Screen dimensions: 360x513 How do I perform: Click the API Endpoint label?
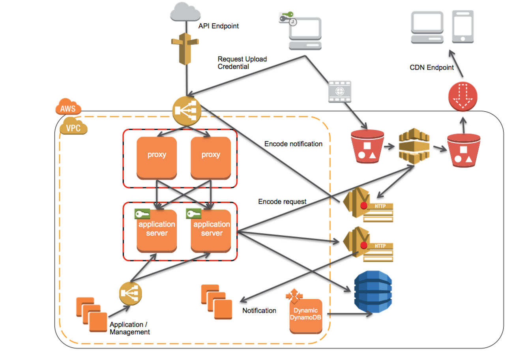(x=218, y=26)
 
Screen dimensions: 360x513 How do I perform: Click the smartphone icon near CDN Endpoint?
(x=462, y=26)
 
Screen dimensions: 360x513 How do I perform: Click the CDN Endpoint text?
(x=432, y=67)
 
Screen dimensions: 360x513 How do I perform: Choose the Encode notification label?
(x=294, y=144)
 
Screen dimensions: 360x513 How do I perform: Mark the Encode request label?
(x=282, y=201)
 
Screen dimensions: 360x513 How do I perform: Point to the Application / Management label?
(x=130, y=328)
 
